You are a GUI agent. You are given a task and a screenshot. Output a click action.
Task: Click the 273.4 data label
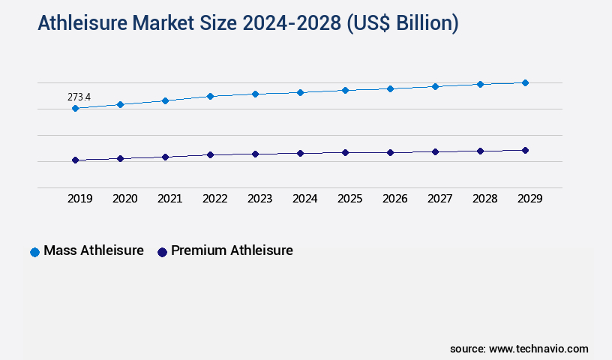pos(79,97)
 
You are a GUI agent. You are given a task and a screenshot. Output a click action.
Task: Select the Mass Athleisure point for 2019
pos(75,109)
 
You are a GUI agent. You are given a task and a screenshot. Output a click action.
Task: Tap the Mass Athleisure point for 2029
pos(525,82)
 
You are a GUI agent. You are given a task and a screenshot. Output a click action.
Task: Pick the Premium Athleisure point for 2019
pos(75,160)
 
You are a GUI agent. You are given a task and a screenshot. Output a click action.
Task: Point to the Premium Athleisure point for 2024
pos(300,153)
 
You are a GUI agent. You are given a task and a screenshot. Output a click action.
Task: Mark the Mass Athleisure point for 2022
pos(210,96)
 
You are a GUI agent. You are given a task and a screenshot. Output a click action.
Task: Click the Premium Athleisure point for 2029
pos(525,150)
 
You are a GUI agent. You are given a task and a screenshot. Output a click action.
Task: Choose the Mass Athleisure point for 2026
pos(390,88)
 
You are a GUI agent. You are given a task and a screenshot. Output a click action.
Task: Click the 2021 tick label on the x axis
pos(169,199)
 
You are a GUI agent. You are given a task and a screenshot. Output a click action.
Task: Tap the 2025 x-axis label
pos(349,199)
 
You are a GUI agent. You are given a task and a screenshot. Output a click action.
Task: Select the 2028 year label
pos(484,199)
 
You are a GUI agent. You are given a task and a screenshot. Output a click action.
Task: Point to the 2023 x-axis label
pos(259,199)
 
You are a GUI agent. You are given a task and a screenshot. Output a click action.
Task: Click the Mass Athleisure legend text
pos(94,250)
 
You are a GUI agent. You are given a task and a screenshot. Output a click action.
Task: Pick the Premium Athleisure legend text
pos(232,250)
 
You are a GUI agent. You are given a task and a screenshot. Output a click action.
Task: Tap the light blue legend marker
pos(34,252)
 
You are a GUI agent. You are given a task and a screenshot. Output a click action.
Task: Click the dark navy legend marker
pos(161,252)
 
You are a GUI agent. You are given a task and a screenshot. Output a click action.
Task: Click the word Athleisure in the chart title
pos(83,24)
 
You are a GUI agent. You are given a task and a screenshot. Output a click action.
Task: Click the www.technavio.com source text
pos(538,349)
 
